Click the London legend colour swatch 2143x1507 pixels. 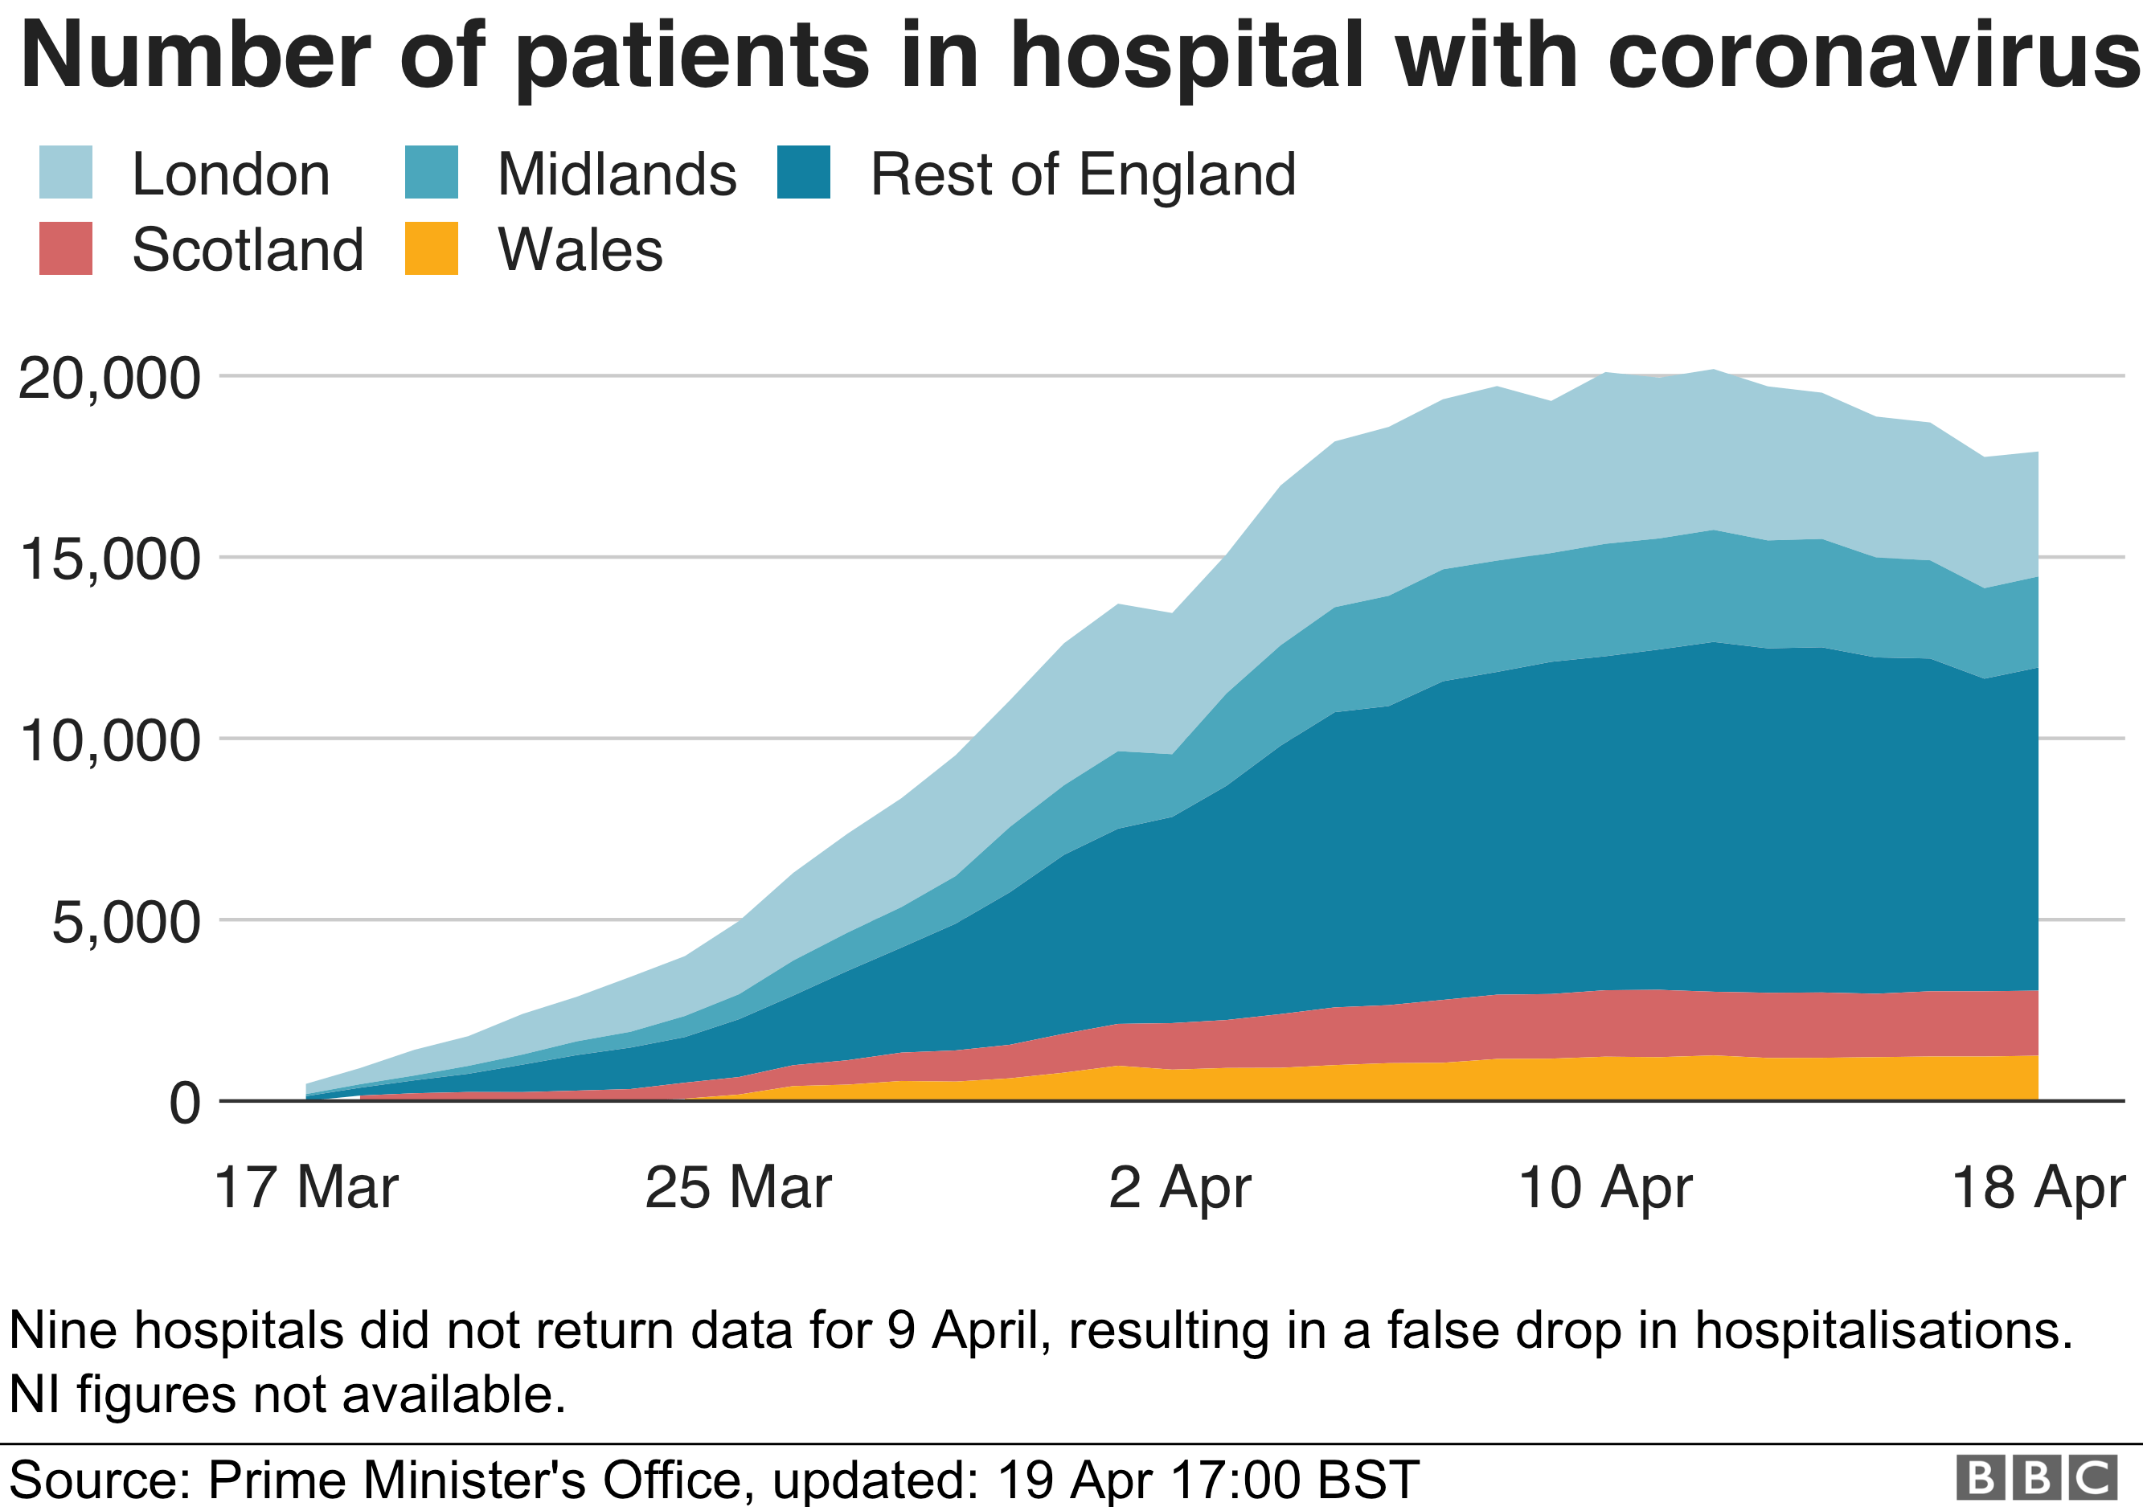[65, 173]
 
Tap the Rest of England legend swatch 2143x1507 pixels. [804, 173]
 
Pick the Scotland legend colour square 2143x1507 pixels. [65, 248]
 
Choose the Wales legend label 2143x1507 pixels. [580, 250]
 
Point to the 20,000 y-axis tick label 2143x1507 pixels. [109, 379]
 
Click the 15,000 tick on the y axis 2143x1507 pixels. [109, 560]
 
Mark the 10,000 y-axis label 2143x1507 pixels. [109, 742]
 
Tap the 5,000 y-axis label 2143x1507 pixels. [126, 923]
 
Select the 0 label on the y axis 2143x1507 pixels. [185, 1104]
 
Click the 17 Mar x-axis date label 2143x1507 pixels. [306, 1188]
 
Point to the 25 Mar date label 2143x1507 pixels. [737, 1188]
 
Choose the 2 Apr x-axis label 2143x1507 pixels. [1180, 1188]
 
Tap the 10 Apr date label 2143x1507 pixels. [1604, 1188]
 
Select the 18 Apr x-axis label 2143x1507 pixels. [2038, 1188]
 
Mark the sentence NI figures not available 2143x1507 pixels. [288, 1395]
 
